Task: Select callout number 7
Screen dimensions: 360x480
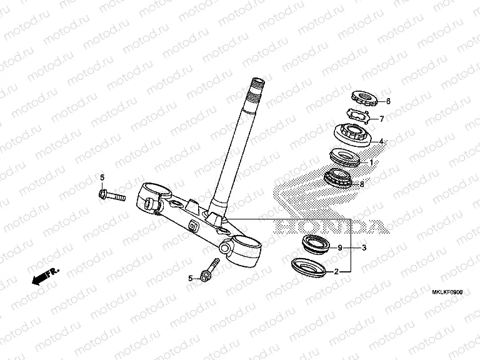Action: (382, 118)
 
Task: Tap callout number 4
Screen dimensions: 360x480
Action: (382, 141)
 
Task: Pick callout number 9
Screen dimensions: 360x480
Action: (340, 248)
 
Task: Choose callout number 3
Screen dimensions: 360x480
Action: (363, 248)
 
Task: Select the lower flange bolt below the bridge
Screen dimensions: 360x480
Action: (209, 271)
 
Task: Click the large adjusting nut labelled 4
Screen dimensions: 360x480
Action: (352, 134)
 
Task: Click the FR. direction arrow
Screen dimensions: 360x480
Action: (46, 276)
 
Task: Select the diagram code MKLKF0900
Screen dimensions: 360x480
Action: (446, 292)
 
